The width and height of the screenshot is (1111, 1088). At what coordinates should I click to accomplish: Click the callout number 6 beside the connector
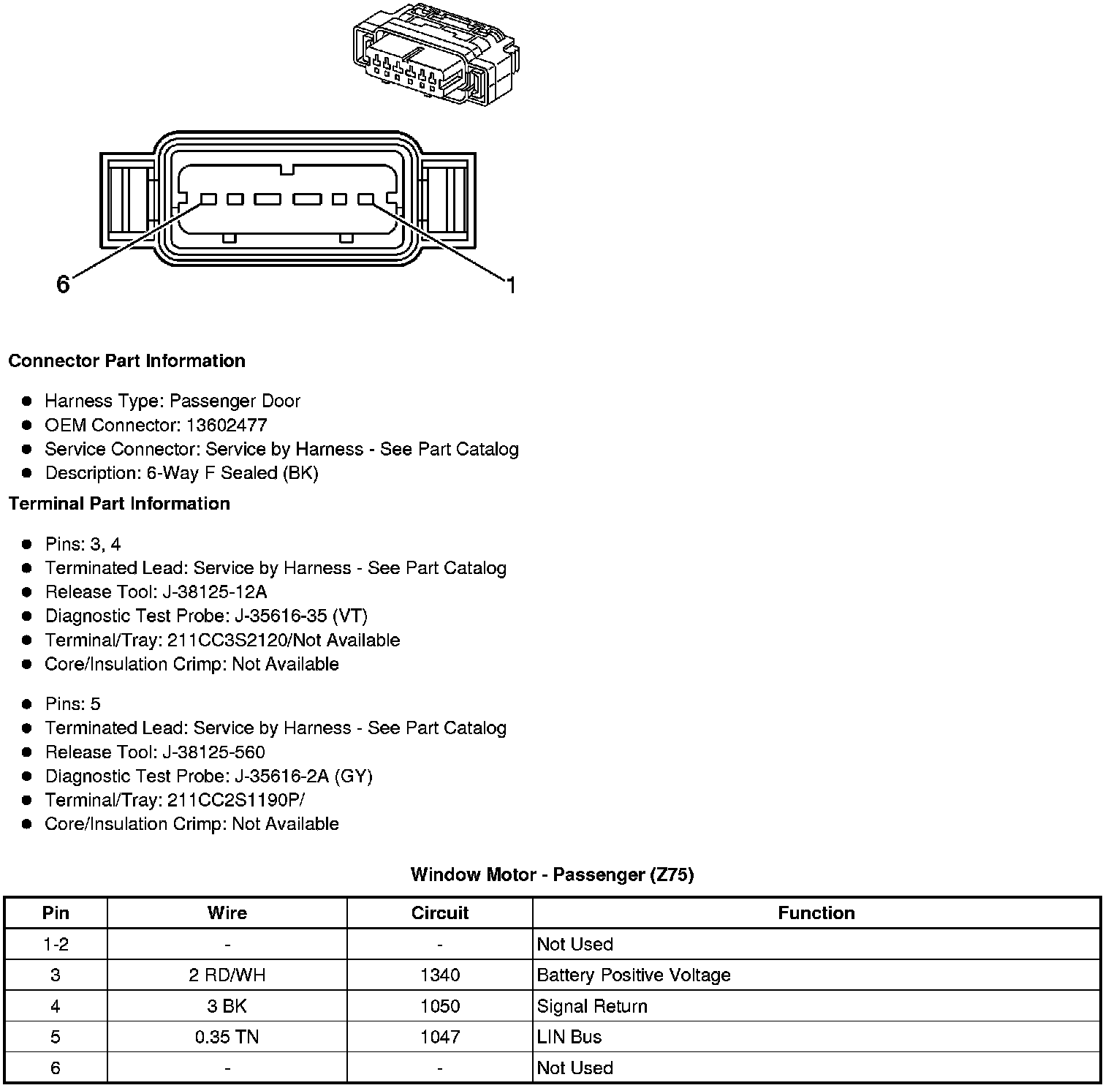[x=63, y=284]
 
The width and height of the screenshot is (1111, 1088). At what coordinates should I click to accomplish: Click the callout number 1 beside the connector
[x=511, y=285]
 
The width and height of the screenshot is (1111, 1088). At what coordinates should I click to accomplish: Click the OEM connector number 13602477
[x=227, y=425]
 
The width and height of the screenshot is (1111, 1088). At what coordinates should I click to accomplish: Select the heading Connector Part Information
[x=126, y=361]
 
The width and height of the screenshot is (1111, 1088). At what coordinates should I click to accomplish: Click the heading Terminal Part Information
[x=119, y=504]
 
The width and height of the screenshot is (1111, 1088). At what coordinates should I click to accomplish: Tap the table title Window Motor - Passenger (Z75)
[x=552, y=874]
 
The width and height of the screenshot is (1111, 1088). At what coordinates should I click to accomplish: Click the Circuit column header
[x=439, y=913]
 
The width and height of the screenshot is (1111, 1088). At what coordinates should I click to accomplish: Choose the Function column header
[x=816, y=913]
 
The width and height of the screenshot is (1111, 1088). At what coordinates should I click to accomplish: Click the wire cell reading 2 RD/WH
[x=227, y=975]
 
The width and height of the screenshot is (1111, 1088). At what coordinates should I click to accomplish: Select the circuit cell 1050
[x=439, y=1006]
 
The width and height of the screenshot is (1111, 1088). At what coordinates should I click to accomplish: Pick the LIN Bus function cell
[x=569, y=1037]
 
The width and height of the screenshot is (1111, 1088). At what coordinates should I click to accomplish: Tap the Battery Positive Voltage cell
[x=634, y=975]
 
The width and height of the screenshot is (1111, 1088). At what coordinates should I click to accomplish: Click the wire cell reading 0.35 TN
[x=227, y=1037]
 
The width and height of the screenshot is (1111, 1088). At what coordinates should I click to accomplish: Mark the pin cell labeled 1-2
[x=56, y=944]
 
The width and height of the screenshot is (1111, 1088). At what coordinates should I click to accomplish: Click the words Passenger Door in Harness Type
[x=235, y=401]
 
